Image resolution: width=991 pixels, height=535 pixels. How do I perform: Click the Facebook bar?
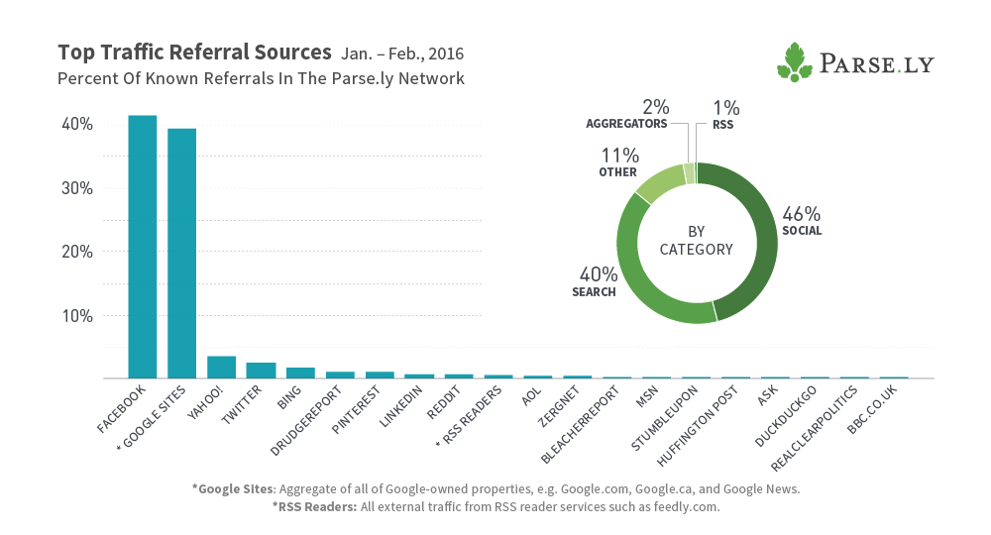[x=142, y=247]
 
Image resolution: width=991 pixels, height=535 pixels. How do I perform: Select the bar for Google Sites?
[x=181, y=254]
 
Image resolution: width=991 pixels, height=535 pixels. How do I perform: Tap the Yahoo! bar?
[x=221, y=367]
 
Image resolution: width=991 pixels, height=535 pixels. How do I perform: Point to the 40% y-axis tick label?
[x=77, y=125]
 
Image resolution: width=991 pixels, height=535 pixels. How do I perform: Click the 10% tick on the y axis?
[x=77, y=316]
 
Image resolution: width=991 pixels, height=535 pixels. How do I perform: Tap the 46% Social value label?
[x=802, y=214]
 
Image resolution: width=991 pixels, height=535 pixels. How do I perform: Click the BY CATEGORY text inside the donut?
[x=697, y=241]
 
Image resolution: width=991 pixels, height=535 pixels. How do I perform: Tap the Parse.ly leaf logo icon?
[x=795, y=61]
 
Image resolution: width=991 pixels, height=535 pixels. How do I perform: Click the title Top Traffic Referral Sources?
[x=194, y=53]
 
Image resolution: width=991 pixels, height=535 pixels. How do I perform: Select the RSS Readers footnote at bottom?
[x=495, y=506]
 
